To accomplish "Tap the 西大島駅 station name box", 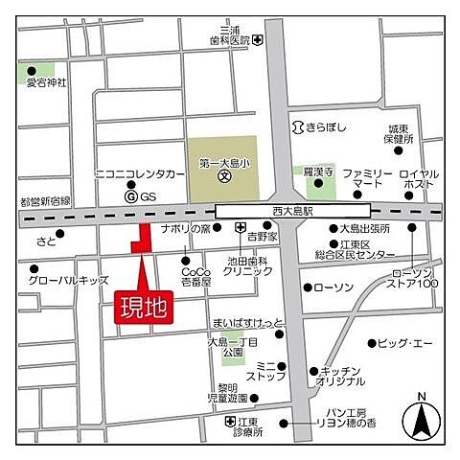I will (x=292, y=210).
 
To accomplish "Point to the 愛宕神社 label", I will (x=48, y=82).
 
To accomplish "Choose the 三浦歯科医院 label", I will (x=228, y=35).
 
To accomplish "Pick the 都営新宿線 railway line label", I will (x=45, y=201).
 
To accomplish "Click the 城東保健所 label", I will (x=399, y=133).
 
